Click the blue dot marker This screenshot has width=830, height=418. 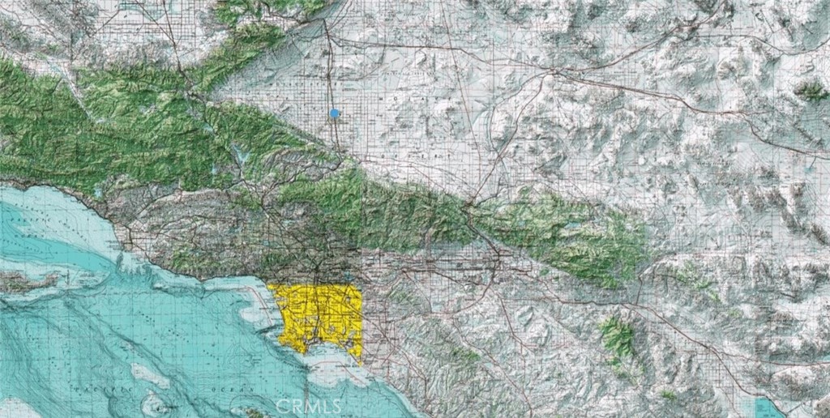pos(335,113)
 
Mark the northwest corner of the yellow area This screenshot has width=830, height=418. pos(270,286)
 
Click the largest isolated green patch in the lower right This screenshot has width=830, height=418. pos(618,338)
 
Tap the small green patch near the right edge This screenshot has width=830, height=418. pos(811,91)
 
